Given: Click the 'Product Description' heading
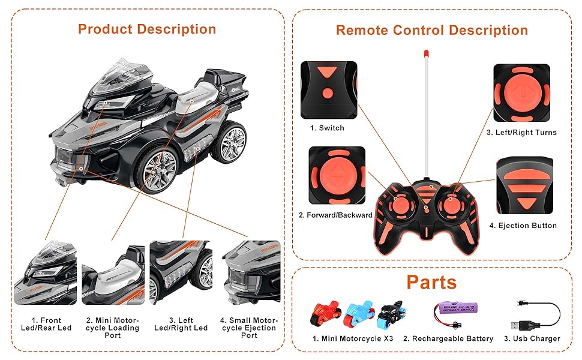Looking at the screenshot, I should (x=146, y=29).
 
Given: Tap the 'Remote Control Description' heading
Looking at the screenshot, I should (x=431, y=30).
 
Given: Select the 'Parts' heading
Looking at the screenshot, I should (x=431, y=282).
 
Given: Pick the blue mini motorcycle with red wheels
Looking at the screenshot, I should (x=358, y=314).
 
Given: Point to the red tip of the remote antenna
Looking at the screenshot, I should (x=425, y=55).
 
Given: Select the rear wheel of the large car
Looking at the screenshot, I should (x=229, y=143).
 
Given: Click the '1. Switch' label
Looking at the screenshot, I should (x=327, y=128).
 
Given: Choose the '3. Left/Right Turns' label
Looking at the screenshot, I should (x=521, y=133).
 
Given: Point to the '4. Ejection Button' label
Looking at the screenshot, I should (x=523, y=226).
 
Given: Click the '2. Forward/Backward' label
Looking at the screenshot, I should (x=335, y=215).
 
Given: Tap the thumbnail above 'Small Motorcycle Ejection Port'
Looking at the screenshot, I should (x=251, y=272).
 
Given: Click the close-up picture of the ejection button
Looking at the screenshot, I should (x=524, y=187).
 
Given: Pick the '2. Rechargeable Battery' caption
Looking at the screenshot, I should (x=448, y=339).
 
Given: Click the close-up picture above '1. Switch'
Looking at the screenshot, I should (x=328, y=89).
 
